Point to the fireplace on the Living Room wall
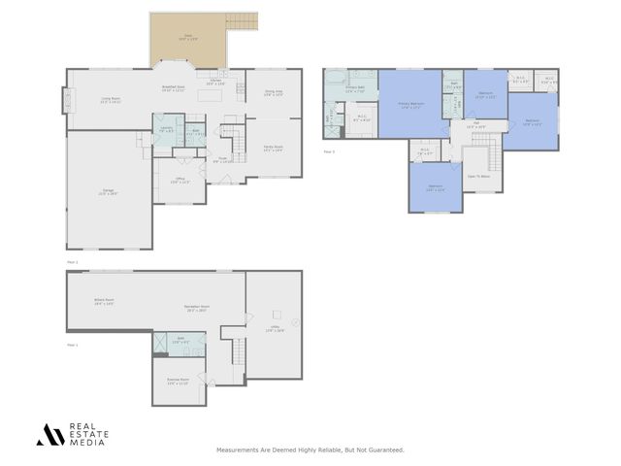point(67,100)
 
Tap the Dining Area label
point(273,93)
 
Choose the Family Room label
point(273,149)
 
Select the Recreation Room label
point(197,309)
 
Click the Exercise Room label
point(177,381)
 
